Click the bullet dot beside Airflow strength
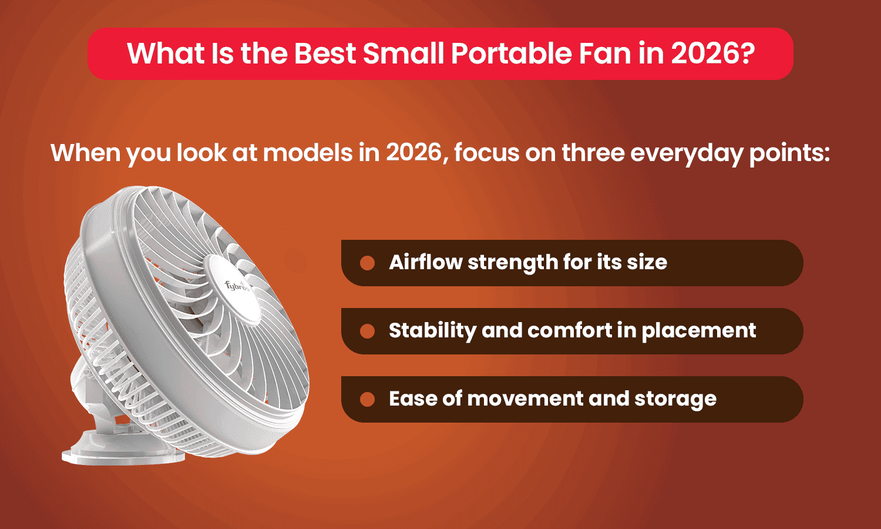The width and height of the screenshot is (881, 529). pos(368,263)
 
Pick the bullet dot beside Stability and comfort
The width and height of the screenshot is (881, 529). pos(368,331)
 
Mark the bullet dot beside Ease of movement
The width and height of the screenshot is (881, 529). pos(368,399)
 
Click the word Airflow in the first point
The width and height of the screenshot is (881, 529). pos(425,262)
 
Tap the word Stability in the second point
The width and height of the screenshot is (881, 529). pos(432,330)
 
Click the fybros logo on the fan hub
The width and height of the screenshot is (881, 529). pos(237,286)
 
